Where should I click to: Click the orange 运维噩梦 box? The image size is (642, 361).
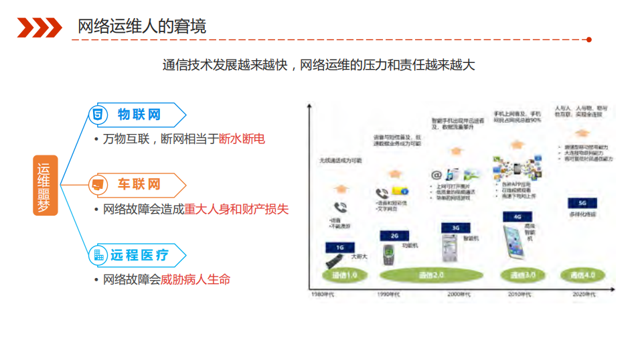[46, 186]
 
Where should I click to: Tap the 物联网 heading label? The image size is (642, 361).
[139, 115]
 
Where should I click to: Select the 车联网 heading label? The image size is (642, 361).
[139, 184]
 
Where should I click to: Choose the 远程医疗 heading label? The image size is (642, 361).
[139, 255]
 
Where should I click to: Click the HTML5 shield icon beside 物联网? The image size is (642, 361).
[98, 115]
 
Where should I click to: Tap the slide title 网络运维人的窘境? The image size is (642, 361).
[142, 27]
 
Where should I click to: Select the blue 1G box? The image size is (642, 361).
[339, 247]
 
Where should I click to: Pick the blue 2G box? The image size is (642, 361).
[394, 236]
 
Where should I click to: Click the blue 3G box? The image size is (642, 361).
[455, 228]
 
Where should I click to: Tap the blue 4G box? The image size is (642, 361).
[517, 217]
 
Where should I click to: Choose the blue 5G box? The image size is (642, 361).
[582, 202]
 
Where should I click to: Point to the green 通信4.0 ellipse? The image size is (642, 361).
[582, 275]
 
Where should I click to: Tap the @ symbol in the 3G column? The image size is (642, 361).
[437, 174]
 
